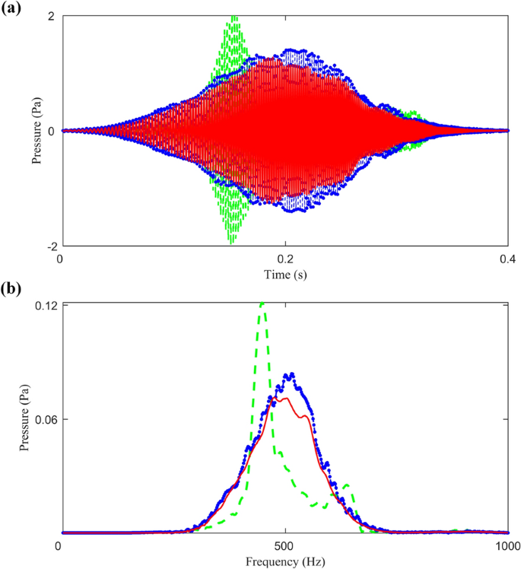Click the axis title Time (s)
tap(284, 272)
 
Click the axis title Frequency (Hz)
tap(284, 561)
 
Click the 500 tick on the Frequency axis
tap(284, 546)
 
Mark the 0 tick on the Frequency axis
tap(60, 546)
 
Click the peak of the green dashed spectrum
tap(262, 304)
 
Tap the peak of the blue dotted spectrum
tap(289, 374)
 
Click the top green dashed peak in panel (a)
tap(233, 17)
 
